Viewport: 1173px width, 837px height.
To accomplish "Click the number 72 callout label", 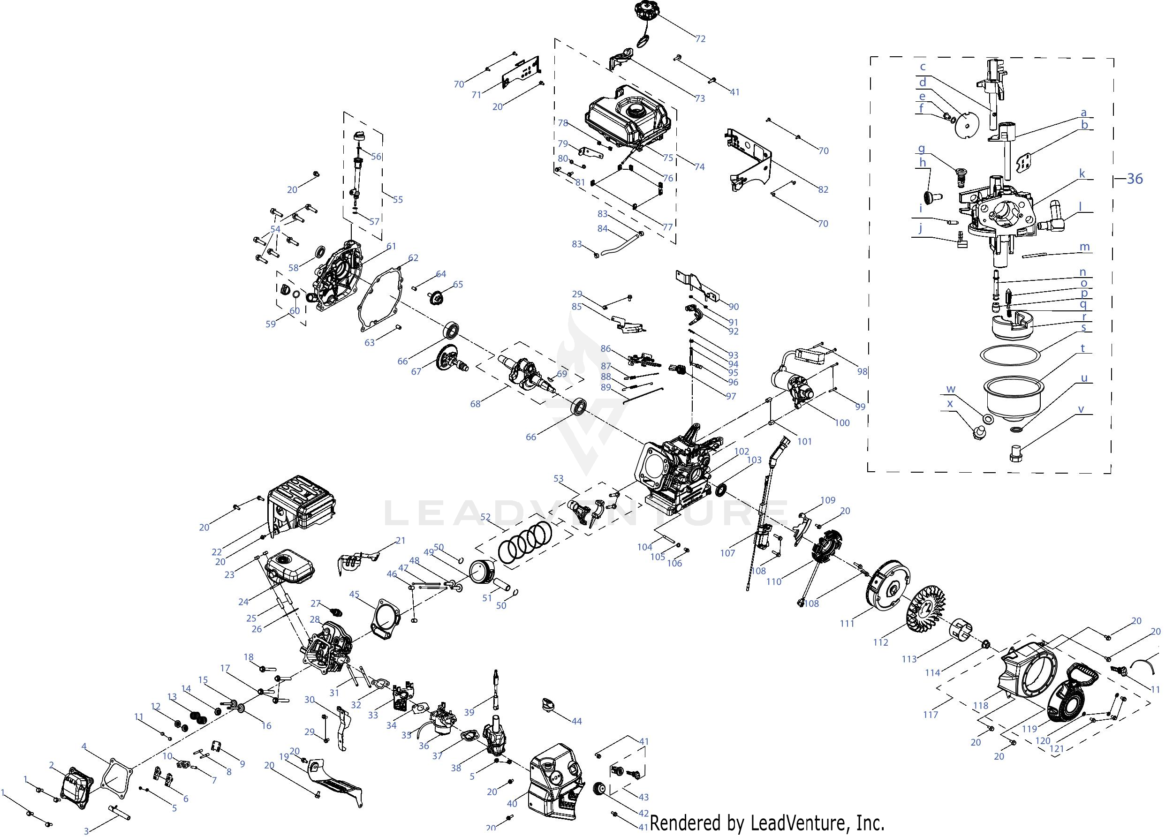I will click(x=700, y=38).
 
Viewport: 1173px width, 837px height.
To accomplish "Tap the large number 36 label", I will click(x=1135, y=179).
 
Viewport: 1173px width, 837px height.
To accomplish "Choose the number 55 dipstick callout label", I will click(x=397, y=199).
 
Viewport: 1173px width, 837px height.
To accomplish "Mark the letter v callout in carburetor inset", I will click(x=1081, y=410).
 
